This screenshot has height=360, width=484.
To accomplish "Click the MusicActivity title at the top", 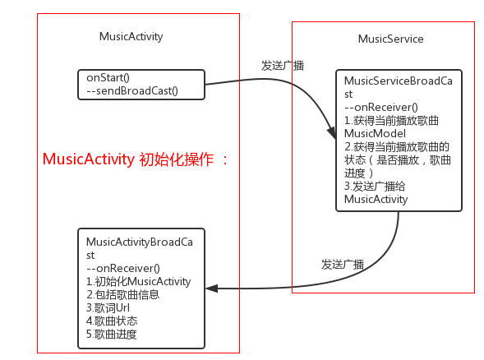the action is [131, 37].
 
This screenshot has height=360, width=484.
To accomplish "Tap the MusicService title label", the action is [390, 39].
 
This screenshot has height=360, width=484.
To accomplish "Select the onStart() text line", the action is [108, 77].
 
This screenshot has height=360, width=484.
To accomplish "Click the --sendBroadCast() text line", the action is [132, 90].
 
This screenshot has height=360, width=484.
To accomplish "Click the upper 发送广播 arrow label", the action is [283, 66].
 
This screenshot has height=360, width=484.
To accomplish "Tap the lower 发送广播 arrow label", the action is [343, 265].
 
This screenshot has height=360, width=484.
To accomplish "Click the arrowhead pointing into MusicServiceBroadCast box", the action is [332, 133].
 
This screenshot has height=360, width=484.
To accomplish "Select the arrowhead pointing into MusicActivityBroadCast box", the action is [212, 288].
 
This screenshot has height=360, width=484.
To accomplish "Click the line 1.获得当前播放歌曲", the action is [391, 121].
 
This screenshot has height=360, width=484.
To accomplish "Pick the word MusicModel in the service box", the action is [375, 134].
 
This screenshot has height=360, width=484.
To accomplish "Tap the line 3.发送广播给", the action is [375, 187].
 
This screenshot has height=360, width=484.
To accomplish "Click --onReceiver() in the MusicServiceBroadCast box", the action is [381, 107].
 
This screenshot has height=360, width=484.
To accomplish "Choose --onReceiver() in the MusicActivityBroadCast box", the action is [123, 268].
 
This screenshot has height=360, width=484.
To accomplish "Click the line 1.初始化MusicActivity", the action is [139, 282].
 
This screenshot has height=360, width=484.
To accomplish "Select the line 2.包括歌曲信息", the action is [123, 294].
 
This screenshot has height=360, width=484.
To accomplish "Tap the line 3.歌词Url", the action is [108, 308].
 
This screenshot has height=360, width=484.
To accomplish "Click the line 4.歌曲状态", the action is [112, 321].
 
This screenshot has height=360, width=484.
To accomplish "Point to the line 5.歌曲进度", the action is [112, 334].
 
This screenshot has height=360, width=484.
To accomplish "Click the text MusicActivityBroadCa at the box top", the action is [140, 242].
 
